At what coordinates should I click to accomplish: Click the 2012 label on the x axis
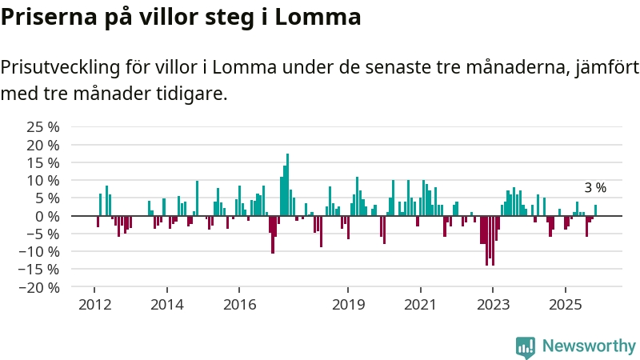[94, 305]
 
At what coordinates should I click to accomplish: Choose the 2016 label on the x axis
[239, 305]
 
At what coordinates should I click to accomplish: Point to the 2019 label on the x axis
[348, 305]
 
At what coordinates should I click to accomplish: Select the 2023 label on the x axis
[493, 305]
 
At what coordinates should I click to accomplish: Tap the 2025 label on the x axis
[565, 305]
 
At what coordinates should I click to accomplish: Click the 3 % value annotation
[595, 188]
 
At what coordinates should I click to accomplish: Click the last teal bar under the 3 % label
[595, 210]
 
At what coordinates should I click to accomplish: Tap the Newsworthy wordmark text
[589, 346]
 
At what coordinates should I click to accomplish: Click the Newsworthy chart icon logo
[526, 346]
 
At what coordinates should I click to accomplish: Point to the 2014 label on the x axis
[167, 305]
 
